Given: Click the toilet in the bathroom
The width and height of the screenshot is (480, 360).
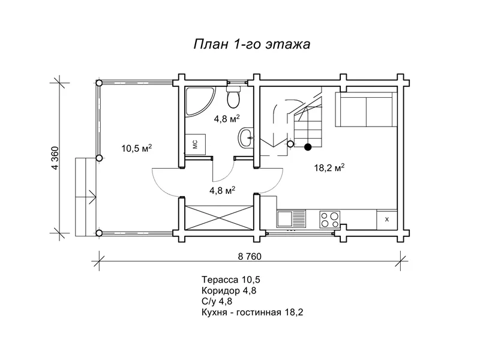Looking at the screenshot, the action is pyautogui.click(x=233, y=97).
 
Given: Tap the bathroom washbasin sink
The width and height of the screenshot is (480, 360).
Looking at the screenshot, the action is pyautogui.click(x=246, y=138).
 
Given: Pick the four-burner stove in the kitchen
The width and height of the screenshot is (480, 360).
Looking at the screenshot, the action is pyautogui.click(x=329, y=220).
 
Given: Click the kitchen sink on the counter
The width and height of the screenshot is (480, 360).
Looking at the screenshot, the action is pyautogui.click(x=291, y=219).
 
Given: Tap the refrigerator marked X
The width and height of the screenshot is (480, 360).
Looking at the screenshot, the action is pyautogui.click(x=386, y=220).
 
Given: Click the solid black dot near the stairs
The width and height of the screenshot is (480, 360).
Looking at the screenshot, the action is pyautogui.click(x=308, y=147).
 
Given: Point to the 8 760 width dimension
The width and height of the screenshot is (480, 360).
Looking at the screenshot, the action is pyautogui.click(x=250, y=256).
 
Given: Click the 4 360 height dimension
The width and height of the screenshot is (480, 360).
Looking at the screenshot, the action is pyautogui.click(x=55, y=158).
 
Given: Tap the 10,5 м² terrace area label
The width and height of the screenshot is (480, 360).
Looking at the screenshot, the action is pyautogui.click(x=137, y=148).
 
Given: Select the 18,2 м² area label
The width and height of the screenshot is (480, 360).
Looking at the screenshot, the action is pyautogui.click(x=329, y=168).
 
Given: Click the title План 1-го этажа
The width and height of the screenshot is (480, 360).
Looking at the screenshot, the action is pyautogui.click(x=252, y=44).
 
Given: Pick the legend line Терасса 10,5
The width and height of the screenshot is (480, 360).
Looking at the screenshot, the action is pyautogui.click(x=231, y=280).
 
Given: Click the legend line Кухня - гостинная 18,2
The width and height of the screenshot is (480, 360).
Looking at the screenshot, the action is pyautogui.click(x=253, y=313).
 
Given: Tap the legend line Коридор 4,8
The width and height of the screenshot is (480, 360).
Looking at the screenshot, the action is pyautogui.click(x=229, y=290).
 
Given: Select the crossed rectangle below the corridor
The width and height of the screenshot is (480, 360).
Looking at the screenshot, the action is pyautogui.click(x=218, y=217).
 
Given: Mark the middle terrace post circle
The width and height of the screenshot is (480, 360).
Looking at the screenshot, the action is pyautogui.click(x=99, y=158).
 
